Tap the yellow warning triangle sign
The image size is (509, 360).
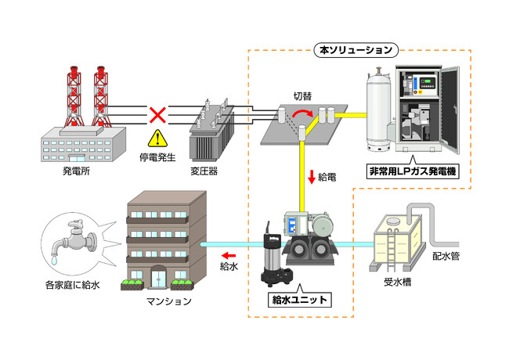point(159,139)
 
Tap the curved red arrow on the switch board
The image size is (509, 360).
point(300,118)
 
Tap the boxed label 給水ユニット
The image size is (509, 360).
point(297,299)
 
